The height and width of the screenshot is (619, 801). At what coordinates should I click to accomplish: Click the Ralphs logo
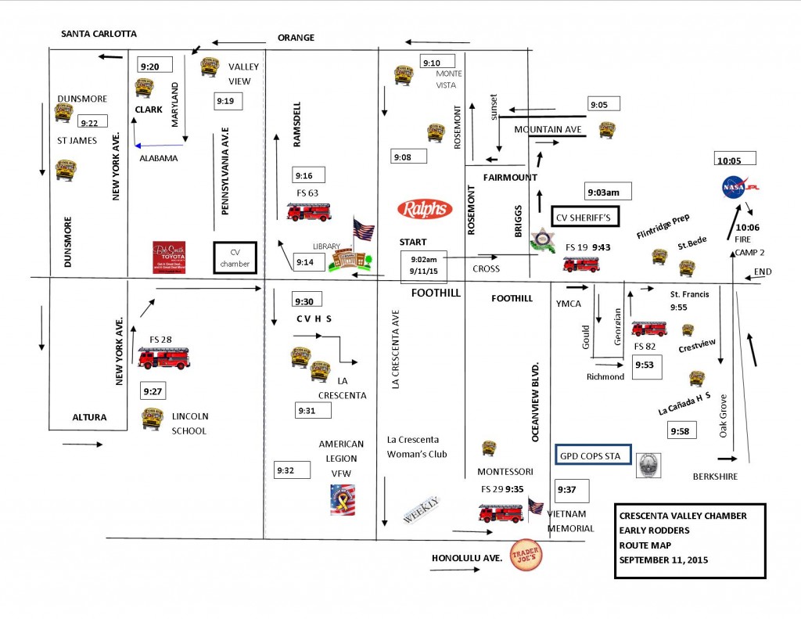[x=424, y=209]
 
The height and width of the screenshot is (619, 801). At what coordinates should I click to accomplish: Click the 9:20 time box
[x=154, y=66]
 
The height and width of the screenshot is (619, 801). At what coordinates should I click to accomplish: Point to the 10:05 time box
[x=735, y=160]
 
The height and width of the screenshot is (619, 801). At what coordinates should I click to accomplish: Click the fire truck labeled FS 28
[x=163, y=358]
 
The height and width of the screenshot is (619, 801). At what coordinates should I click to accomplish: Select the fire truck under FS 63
[x=308, y=211]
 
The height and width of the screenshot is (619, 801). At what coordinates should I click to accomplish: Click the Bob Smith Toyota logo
[x=169, y=257]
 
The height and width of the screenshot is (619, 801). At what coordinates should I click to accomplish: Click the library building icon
[x=344, y=260]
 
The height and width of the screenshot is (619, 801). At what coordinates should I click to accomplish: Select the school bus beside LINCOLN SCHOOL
[x=153, y=419]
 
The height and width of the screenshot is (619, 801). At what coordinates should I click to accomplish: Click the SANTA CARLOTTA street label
[x=99, y=34]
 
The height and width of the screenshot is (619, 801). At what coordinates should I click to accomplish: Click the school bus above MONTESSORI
[x=489, y=448]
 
